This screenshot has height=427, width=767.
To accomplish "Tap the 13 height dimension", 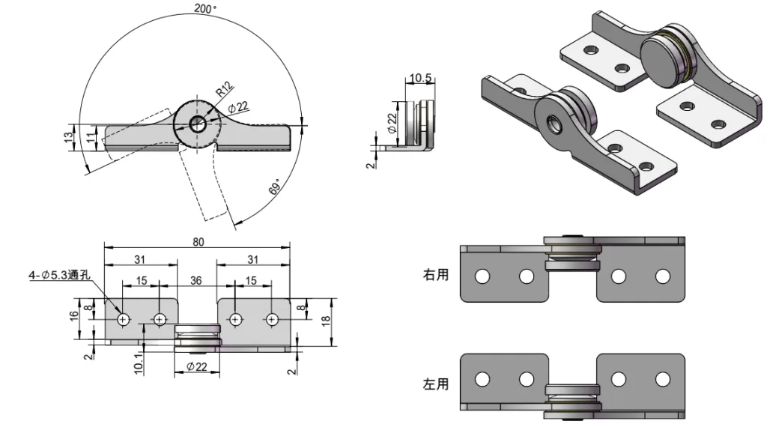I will point(68,137).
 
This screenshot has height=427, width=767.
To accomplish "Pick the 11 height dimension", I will point(90,137).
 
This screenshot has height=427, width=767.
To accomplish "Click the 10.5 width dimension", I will point(419,79).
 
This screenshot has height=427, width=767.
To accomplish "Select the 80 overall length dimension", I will point(198,241).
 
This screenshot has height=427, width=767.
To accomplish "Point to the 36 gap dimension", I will point(197,280).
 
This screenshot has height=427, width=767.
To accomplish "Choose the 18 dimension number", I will point(325,321).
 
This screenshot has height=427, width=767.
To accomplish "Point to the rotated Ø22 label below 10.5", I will point(392,122).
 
